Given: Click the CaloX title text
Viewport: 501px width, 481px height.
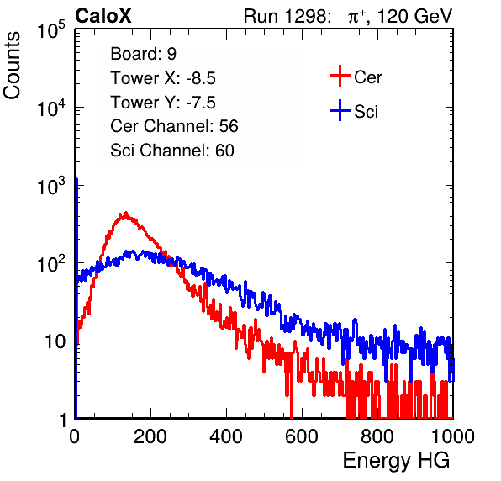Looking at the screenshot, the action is coord(103,16).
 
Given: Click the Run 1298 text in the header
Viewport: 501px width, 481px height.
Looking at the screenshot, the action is coord(287,16).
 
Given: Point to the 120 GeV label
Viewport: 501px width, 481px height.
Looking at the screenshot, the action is coord(414,16).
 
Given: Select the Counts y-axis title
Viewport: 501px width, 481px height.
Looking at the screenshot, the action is coord(12,66).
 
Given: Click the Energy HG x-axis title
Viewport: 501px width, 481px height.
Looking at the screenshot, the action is coord(396,461).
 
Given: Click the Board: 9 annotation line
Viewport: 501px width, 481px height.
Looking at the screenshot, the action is coord(143,54).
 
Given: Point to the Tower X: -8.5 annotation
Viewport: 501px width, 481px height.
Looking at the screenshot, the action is coord(163,78).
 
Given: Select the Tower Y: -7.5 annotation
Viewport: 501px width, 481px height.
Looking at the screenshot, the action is coord(163,103).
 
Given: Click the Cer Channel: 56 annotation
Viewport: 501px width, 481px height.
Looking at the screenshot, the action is coord(174,126).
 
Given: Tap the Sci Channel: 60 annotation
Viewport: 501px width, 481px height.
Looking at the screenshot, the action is coord(172,151).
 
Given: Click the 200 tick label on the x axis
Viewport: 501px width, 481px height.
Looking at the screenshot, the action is coord(150,436).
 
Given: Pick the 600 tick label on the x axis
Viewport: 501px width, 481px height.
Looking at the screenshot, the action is coord(302,436).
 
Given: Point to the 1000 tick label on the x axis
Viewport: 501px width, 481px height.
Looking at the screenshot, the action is coord(453,436).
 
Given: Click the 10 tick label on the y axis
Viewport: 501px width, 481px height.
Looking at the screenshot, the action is coord(55,341).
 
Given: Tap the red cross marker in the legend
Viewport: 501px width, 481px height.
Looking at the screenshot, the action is coord(340,76).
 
